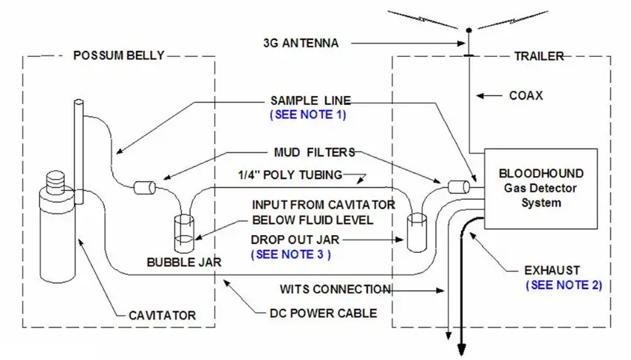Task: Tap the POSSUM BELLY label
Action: click(x=119, y=55)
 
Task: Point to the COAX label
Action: click(x=525, y=95)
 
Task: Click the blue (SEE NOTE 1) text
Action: click(x=308, y=115)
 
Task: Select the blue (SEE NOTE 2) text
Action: click(x=564, y=284)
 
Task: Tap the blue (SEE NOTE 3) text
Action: click(x=290, y=254)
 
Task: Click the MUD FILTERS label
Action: click(x=312, y=152)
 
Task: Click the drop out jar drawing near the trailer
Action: click(x=418, y=230)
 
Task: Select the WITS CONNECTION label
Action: click(x=335, y=289)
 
